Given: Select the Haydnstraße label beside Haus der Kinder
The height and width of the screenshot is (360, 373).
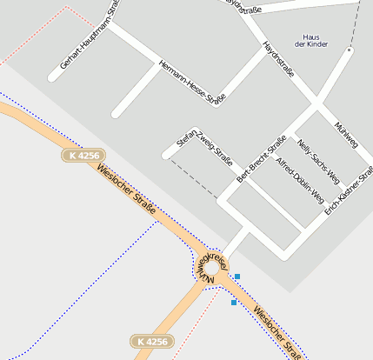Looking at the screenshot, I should pos(279,60).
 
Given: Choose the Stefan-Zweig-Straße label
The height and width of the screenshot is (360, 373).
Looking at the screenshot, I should pos(204,147).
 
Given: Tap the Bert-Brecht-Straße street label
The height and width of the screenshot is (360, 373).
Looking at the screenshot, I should pos(262,157).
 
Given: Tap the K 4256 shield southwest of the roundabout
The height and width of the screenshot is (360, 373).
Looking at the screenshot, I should pos(152,341).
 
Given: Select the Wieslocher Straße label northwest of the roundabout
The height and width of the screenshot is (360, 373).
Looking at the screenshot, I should pos(127,190).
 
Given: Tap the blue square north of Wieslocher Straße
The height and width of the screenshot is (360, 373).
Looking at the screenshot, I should pos(237,277).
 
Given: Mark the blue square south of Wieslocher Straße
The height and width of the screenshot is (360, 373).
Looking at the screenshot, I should pos(233,303).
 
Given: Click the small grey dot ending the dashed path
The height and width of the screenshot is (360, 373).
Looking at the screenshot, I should pos(350,50).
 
